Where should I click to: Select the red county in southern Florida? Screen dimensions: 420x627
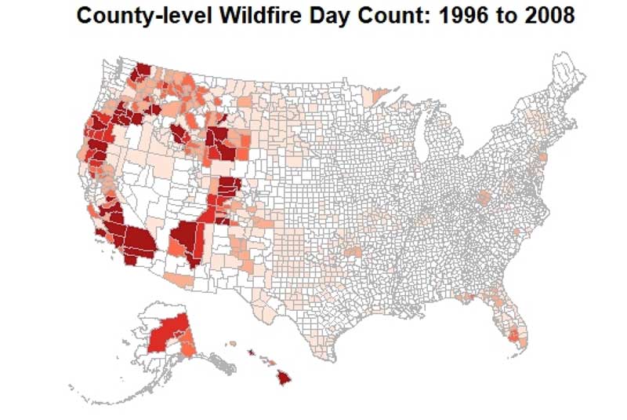[516, 337]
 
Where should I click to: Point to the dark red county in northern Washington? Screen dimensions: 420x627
[142, 72]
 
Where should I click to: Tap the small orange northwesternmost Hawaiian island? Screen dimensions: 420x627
[232, 343]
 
